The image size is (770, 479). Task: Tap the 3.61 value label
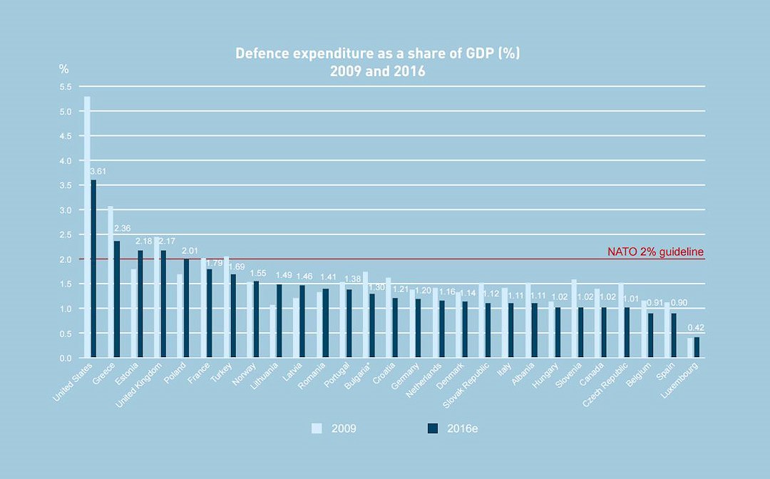98,172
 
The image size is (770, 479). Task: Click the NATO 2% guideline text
655,252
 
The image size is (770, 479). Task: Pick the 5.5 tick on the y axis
66,87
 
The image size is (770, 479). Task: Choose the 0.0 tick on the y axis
66,358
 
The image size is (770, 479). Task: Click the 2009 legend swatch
317,428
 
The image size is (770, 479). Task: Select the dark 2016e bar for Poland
187,308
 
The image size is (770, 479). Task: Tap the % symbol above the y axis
63,69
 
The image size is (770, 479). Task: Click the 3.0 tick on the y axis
66,210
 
